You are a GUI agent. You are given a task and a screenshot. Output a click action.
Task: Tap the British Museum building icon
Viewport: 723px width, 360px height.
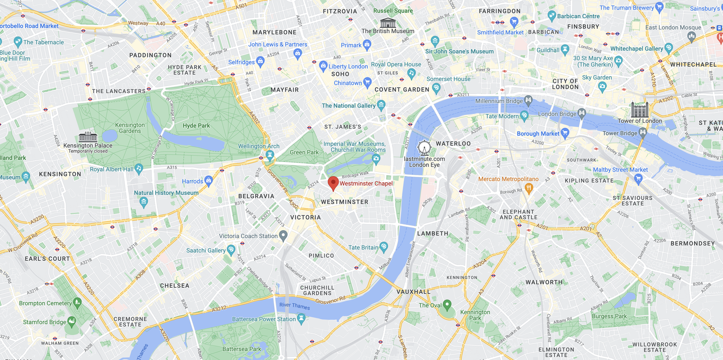coord(388,23)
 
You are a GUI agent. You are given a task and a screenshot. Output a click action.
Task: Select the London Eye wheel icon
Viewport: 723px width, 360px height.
coord(424,148)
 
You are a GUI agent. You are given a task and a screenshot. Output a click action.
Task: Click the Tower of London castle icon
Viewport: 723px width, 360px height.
coord(639,110)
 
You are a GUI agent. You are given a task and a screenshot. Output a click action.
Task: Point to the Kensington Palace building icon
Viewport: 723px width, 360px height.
coord(88,137)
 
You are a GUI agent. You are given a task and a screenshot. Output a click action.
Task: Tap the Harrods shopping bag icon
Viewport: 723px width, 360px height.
coord(208,181)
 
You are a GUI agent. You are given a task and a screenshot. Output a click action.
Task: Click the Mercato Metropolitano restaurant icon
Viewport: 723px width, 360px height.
coord(529,188)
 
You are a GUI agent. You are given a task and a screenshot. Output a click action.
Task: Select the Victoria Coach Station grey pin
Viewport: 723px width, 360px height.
coord(283,236)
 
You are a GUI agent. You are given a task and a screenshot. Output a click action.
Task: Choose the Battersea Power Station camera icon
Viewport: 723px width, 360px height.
coord(302,319)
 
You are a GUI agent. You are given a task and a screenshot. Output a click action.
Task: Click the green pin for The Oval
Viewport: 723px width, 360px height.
coord(447,305)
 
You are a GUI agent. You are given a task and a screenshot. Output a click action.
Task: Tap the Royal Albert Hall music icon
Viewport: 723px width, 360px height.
coord(139,169)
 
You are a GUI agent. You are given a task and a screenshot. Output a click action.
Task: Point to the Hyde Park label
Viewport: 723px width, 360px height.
coord(196,126)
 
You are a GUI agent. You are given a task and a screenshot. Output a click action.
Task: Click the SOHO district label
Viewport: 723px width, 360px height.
coord(340,74)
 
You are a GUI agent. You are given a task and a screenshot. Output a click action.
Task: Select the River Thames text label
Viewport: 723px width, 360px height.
coord(295,307)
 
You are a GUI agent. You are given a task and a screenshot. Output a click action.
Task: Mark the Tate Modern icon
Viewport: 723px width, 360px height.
coord(524,116)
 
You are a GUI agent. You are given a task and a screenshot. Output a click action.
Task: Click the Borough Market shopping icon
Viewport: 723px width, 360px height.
coord(565,133)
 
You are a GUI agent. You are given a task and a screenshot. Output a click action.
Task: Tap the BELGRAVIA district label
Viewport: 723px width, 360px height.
coord(256,196)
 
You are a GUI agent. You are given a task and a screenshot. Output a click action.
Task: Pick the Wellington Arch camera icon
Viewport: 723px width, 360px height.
coord(270,155)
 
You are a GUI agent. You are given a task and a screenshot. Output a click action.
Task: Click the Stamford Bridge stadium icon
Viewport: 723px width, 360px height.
coord(72,321)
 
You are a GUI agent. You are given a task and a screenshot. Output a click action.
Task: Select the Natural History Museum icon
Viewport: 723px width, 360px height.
coord(143,201)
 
